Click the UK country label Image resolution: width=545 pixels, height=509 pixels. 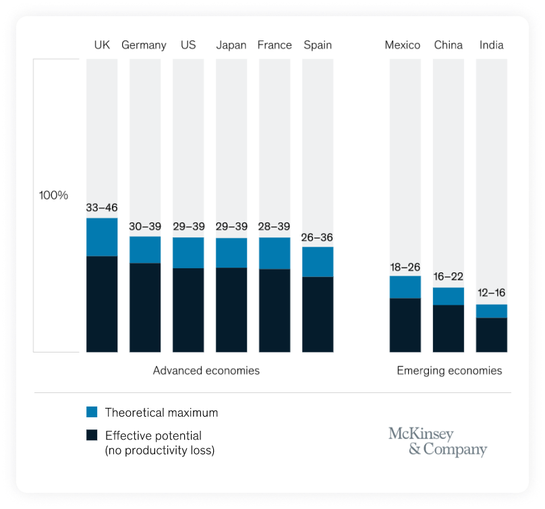click(x=102, y=45)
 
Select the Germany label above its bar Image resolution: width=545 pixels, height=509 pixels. click(x=144, y=45)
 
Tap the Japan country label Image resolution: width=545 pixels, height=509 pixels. click(x=231, y=45)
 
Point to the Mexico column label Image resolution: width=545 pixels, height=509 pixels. click(x=403, y=45)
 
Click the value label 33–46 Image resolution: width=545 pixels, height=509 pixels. click(x=102, y=208)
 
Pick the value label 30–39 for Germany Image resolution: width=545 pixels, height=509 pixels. click(x=145, y=227)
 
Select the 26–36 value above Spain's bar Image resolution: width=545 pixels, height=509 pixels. click(x=318, y=237)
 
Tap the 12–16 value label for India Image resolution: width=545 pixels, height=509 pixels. click(x=492, y=293)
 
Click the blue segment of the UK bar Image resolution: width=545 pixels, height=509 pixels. click(x=102, y=237)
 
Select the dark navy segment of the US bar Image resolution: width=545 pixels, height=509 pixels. click(x=188, y=310)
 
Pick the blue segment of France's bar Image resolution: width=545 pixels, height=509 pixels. click(x=275, y=253)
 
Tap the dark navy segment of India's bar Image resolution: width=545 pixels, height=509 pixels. click(x=492, y=334)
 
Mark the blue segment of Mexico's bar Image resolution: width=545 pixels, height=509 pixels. click(x=405, y=287)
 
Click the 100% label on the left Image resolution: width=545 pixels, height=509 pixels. click(x=53, y=196)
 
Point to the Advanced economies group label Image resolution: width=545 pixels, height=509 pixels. click(x=206, y=371)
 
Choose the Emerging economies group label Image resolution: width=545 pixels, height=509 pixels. click(x=449, y=371)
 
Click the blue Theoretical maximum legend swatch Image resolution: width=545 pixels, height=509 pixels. click(x=92, y=412)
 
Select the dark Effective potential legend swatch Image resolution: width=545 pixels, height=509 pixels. click(x=92, y=436)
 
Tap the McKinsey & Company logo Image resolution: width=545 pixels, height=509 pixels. click(x=437, y=442)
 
